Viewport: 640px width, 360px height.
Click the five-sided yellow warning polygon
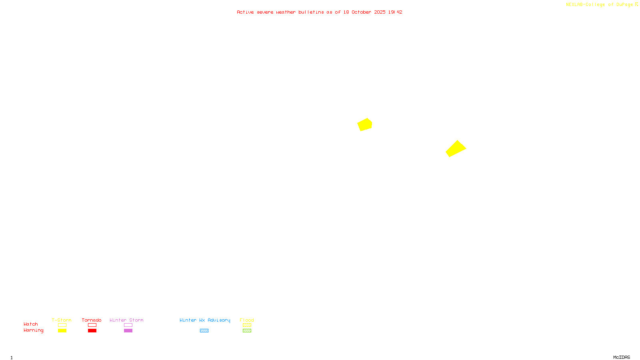(365, 125)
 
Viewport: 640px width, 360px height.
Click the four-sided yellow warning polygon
(456, 149)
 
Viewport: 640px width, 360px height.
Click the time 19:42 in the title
(395, 12)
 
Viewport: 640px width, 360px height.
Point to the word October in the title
(361, 12)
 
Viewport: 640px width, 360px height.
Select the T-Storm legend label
(62, 320)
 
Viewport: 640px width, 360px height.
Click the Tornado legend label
(92, 320)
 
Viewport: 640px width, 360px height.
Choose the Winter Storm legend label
(126, 320)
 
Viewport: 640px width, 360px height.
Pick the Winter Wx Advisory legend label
(205, 320)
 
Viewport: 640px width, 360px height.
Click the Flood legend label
(247, 320)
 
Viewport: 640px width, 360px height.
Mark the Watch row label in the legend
(31, 324)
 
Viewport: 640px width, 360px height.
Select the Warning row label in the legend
(33, 330)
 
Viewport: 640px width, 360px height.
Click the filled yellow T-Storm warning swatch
(62, 331)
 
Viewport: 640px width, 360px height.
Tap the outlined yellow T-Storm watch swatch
(62, 325)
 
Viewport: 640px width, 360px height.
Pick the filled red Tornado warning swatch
(92, 331)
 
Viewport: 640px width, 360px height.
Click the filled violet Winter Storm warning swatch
(128, 331)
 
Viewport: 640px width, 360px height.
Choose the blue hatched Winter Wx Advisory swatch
(204, 331)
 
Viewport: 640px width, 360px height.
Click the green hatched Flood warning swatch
(247, 331)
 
